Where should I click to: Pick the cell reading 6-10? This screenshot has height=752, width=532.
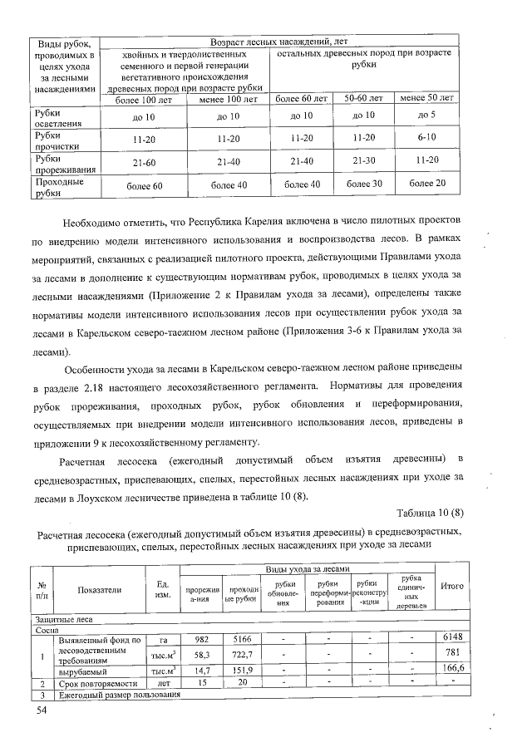coord(427,136)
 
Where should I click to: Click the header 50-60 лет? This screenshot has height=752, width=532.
coord(363,98)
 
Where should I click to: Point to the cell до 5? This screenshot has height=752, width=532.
coord(427,116)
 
